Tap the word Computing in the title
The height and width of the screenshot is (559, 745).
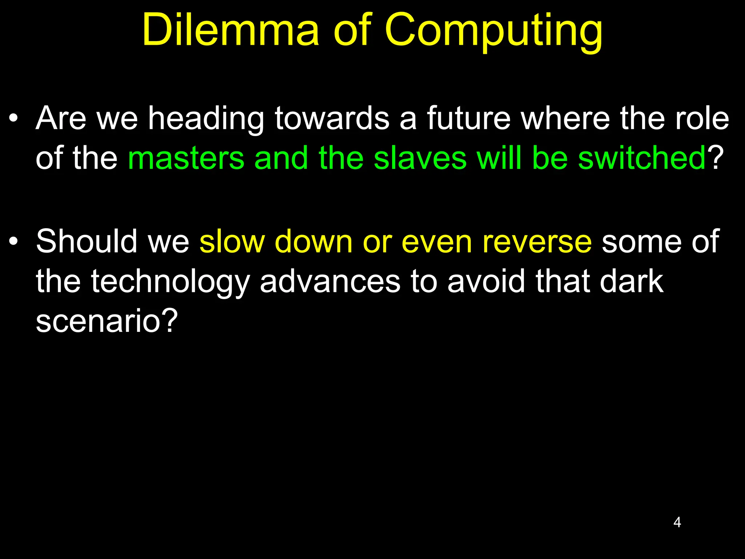click(494, 32)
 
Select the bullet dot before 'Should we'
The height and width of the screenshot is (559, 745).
click(13, 241)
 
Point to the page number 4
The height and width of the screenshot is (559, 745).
click(677, 522)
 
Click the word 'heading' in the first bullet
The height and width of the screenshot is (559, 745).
click(206, 119)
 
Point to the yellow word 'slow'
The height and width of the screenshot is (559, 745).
click(232, 241)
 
